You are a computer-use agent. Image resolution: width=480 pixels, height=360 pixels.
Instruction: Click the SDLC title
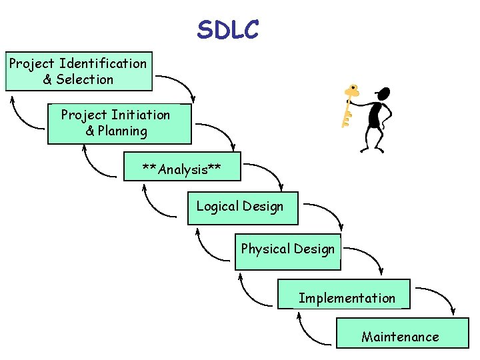click(x=228, y=29)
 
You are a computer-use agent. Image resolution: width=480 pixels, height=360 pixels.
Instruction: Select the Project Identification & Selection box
click(x=79, y=71)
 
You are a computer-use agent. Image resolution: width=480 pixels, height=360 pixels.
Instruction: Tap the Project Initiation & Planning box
click(x=119, y=123)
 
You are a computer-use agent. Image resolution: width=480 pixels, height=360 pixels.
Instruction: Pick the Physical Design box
click(x=287, y=251)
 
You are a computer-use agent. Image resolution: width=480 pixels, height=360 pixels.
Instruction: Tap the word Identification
click(x=103, y=63)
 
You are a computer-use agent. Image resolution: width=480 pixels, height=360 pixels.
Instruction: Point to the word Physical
click(x=265, y=249)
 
